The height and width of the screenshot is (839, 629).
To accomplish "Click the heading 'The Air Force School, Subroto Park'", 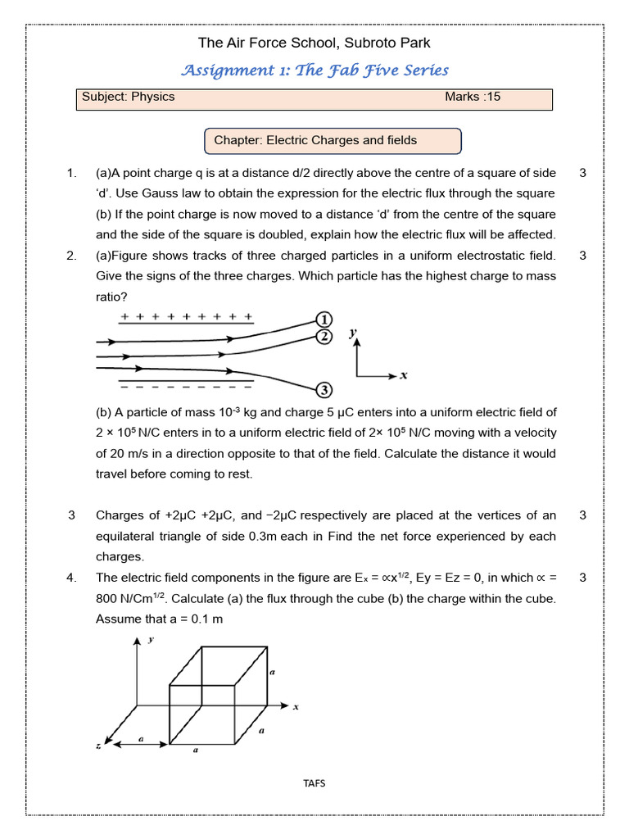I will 314,43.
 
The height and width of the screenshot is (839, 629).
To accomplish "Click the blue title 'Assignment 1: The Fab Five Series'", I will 314,70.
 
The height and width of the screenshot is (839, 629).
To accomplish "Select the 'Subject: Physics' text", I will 129,97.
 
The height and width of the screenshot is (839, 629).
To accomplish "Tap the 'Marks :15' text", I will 473,97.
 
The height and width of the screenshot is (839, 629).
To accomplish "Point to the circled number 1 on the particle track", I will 324,319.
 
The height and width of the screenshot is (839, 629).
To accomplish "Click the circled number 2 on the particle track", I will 324,337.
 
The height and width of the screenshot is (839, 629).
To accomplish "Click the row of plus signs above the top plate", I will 186,316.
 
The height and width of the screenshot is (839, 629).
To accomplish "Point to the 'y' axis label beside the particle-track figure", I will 353,332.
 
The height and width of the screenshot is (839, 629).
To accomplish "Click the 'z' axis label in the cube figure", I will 97,746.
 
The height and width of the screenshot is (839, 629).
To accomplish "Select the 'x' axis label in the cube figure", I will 295,707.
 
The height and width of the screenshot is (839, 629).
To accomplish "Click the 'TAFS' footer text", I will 314,783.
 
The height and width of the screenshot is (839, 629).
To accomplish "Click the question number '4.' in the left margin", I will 71,578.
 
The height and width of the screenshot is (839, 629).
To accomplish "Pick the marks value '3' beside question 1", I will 582,173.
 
